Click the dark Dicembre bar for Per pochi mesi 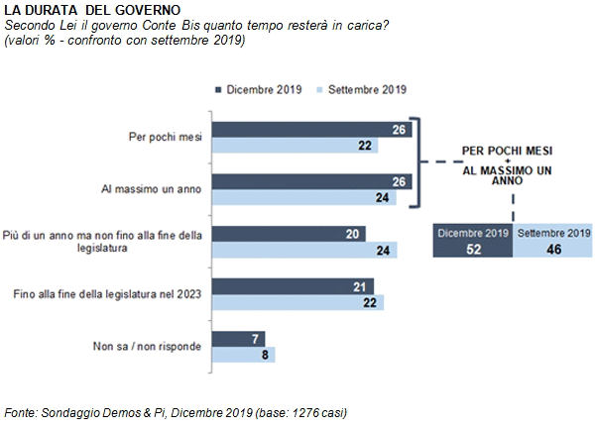pos(311,130)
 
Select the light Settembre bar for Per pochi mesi pos(295,146)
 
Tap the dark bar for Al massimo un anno pos(311,182)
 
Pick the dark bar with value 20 pos(289,234)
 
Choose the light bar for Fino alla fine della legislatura pos(297,302)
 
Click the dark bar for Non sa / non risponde pos(238,339)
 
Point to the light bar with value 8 pos(243,355)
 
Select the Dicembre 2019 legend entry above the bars pos(259,90)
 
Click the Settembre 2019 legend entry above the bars pos(361,90)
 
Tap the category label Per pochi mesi pos(165,137)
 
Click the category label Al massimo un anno pos(151,188)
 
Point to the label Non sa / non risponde pos(147,346)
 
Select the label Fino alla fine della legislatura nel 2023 pos(107,294)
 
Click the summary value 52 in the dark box pos(474,250)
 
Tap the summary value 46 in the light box pos(553,250)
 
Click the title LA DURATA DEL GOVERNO pos(92,10)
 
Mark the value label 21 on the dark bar pos(359,287)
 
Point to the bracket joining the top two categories pos(418,162)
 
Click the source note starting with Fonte pos(176,412)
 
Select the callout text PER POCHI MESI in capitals pos(507,151)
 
